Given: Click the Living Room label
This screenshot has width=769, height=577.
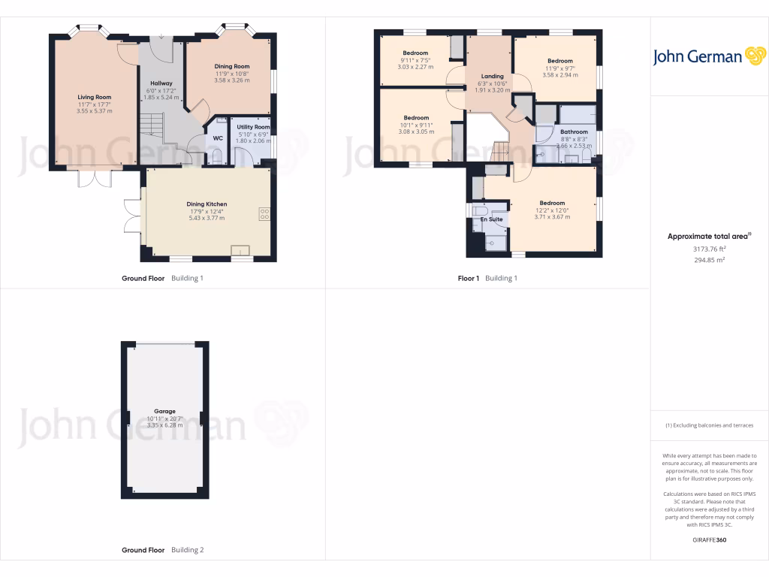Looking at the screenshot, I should tap(94, 97).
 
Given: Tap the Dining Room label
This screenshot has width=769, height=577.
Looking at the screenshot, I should tap(232, 66).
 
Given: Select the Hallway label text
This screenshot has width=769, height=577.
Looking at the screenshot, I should tap(161, 83).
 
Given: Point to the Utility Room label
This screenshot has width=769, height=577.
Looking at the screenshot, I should tap(253, 127).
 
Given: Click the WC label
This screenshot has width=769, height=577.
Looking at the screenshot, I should tap(218, 138).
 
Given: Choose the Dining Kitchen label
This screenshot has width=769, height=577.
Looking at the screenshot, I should tap(207, 204).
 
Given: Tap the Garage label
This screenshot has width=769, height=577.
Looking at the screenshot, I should tap(165, 411).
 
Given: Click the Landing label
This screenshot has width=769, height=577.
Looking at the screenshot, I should tap(492, 76).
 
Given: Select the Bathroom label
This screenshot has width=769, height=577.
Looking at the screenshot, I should tap(574, 131).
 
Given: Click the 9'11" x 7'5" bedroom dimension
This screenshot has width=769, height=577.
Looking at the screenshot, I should tap(416, 60).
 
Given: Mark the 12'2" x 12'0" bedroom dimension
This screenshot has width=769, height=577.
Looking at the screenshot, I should tap(552, 210).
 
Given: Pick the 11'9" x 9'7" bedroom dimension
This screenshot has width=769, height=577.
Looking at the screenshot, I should tap(559, 68).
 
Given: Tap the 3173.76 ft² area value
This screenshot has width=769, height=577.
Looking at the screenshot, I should tap(709, 249).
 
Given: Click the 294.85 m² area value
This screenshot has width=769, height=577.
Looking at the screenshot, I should tap(709, 260).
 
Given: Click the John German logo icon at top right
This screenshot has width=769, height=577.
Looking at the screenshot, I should tap(754, 56).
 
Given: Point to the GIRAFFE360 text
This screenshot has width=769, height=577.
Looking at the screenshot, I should tap(709, 539).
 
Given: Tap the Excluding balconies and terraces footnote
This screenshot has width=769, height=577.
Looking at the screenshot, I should tap(709, 425).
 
